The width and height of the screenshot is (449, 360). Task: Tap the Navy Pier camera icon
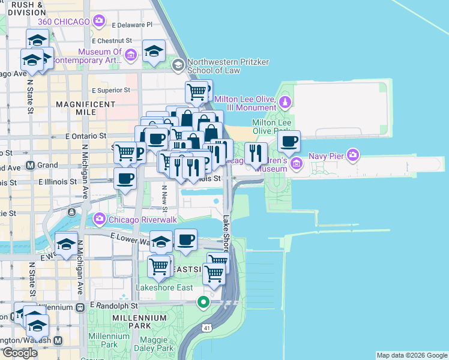tap(354, 155)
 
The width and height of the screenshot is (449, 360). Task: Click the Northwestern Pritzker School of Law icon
tap(178, 64)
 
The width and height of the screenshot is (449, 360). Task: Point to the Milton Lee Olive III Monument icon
tap(286, 100)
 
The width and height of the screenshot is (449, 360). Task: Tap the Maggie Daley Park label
tap(154, 344)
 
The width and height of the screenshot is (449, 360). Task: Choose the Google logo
tap(19, 353)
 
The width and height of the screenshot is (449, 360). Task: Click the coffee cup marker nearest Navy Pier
tap(288, 142)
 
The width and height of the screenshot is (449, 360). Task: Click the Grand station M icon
tap(30, 165)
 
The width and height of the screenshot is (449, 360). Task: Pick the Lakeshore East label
tap(163, 287)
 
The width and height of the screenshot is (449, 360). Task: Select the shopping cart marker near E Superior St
tap(196, 92)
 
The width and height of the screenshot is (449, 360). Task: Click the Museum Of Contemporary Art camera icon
tap(131, 56)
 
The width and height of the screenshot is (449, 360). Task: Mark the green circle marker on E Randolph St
tap(203, 302)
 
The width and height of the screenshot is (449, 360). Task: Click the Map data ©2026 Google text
tap(411, 355)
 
